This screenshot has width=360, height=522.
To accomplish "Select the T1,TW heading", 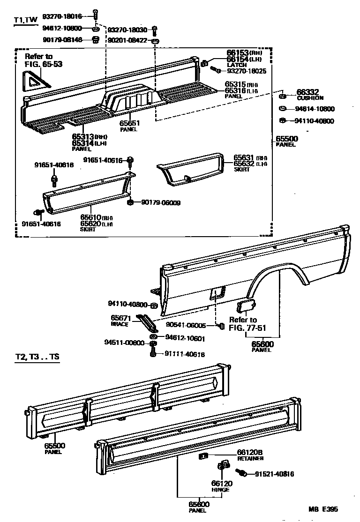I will (25, 21).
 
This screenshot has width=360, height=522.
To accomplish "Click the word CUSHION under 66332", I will (310, 98).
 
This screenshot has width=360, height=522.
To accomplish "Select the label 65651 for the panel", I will (129, 123).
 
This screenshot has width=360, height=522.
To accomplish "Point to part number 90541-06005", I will (187, 325).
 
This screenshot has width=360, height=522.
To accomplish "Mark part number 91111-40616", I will (184, 354).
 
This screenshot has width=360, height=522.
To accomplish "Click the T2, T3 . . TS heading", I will (37, 357).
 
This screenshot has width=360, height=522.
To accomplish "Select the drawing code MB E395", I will (323, 509).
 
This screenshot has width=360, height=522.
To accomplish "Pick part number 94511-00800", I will (125, 343).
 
